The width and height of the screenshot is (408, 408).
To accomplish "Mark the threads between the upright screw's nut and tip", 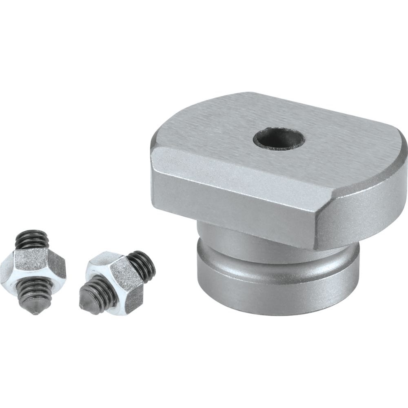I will [35, 291].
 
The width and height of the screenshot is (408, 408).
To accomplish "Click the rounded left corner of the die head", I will [155, 151].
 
